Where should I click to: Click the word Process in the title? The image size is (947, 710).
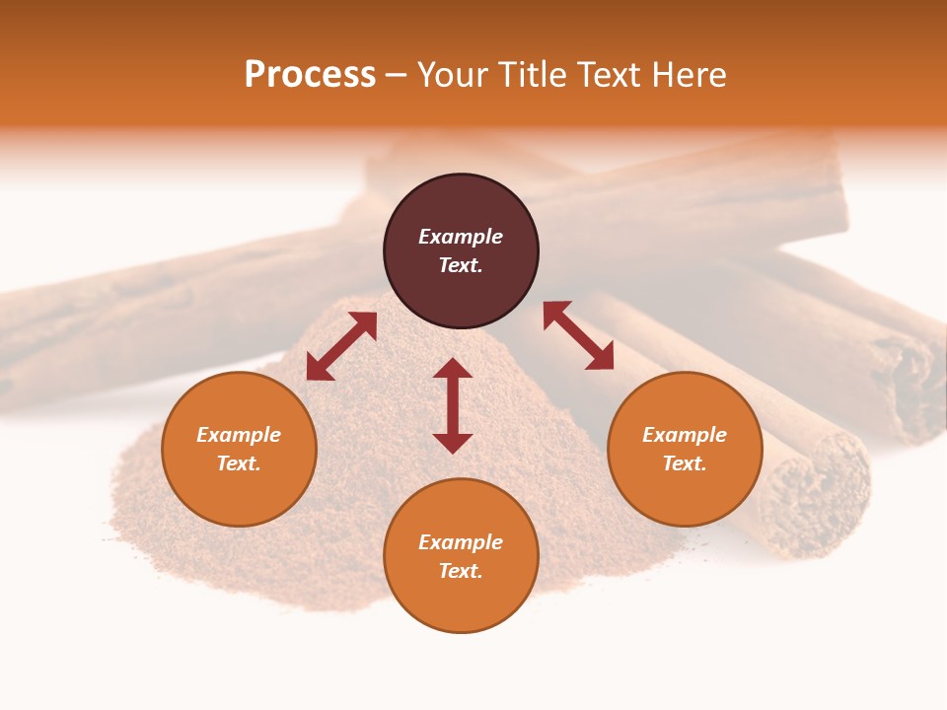coord(310,75)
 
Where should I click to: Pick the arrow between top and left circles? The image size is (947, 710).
coord(341,346)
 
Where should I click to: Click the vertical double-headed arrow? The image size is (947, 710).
coord(453,405)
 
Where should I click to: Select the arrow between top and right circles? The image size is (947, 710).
coord(579,335)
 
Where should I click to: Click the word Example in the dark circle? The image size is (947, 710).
coord(461,237)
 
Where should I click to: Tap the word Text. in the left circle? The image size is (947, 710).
coord(239,463)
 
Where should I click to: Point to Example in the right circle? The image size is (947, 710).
coord(685,435)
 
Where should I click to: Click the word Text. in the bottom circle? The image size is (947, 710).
coord(461,571)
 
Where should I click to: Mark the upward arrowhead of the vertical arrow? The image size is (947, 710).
coord(453,369)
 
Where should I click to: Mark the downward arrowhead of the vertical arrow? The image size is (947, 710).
coord(453,443)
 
